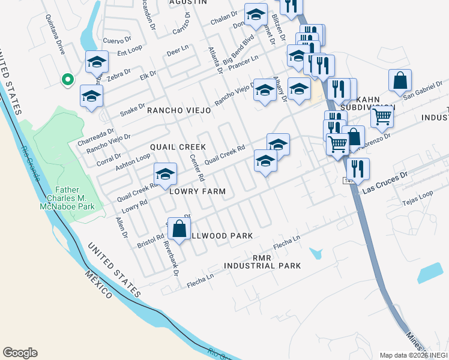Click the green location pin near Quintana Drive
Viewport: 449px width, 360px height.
[68, 79]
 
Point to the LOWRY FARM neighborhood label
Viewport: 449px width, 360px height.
[197, 191]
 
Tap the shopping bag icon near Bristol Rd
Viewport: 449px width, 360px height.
[179, 229]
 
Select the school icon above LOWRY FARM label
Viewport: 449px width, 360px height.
[166, 175]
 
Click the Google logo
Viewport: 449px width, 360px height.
[20, 353]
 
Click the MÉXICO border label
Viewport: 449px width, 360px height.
[98, 284]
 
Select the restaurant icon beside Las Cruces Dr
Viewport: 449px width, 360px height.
[358, 169]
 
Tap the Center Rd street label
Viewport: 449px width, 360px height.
[197, 168]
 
